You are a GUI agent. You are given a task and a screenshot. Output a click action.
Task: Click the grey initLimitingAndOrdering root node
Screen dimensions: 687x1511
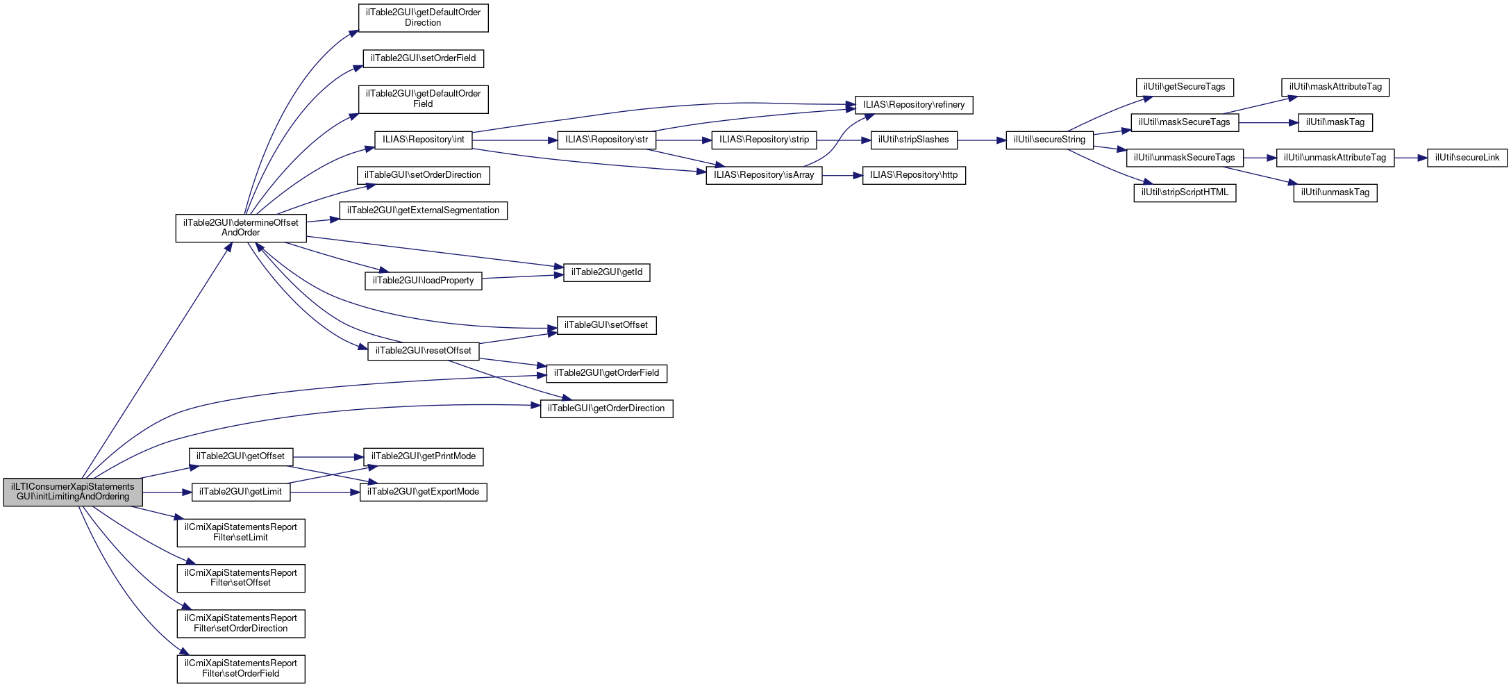pyautogui.click(x=73, y=492)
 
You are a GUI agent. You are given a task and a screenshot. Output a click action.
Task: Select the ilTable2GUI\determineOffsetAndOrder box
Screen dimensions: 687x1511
pyautogui.click(x=240, y=228)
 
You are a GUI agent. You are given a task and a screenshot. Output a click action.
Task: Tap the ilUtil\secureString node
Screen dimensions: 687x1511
pyautogui.click(x=1049, y=140)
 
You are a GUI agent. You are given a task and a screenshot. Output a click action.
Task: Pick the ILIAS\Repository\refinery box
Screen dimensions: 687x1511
pyautogui.click(x=914, y=105)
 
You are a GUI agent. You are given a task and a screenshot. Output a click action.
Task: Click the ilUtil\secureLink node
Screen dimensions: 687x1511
pyautogui.click(x=1467, y=158)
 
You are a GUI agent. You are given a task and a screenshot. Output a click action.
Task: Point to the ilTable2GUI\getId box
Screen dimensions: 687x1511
pyautogui.click(x=606, y=272)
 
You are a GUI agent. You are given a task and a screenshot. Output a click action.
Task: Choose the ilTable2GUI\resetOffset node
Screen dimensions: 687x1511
pyautogui.click(x=423, y=351)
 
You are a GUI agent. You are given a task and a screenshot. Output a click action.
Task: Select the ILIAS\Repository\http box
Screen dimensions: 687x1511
pyautogui.click(x=914, y=175)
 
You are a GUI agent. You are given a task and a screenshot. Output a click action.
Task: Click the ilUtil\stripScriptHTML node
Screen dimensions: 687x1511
pyautogui.click(x=1185, y=192)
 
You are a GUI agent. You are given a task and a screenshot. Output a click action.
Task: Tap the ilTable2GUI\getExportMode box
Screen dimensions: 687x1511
pyautogui.click(x=423, y=492)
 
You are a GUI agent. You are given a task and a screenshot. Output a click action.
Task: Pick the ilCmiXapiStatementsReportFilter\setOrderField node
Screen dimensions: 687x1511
pyautogui.click(x=240, y=668)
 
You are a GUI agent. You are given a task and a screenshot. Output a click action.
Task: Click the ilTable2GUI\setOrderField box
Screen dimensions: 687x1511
pyautogui.click(x=423, y=58)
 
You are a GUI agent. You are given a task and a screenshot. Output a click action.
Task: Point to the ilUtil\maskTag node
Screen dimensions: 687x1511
pyautogui.click(x=1335, y=122)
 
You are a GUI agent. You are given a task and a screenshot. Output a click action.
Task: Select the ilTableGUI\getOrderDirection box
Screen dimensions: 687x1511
pyautogui.click(x=606, y=408)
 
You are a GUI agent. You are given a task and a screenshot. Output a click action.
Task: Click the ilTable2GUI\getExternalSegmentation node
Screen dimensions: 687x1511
pyautogui.click(x=423, y=210)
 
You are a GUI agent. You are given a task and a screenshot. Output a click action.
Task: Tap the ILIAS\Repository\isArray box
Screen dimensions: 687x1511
pyautogui.click(x=764, y=175)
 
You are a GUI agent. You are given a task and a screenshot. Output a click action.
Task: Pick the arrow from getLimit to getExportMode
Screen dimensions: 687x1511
pyautogui.click(x=325, y=493)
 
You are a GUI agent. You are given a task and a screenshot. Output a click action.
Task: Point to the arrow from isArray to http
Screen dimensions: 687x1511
pyautogui.click(x=842, y=176)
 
